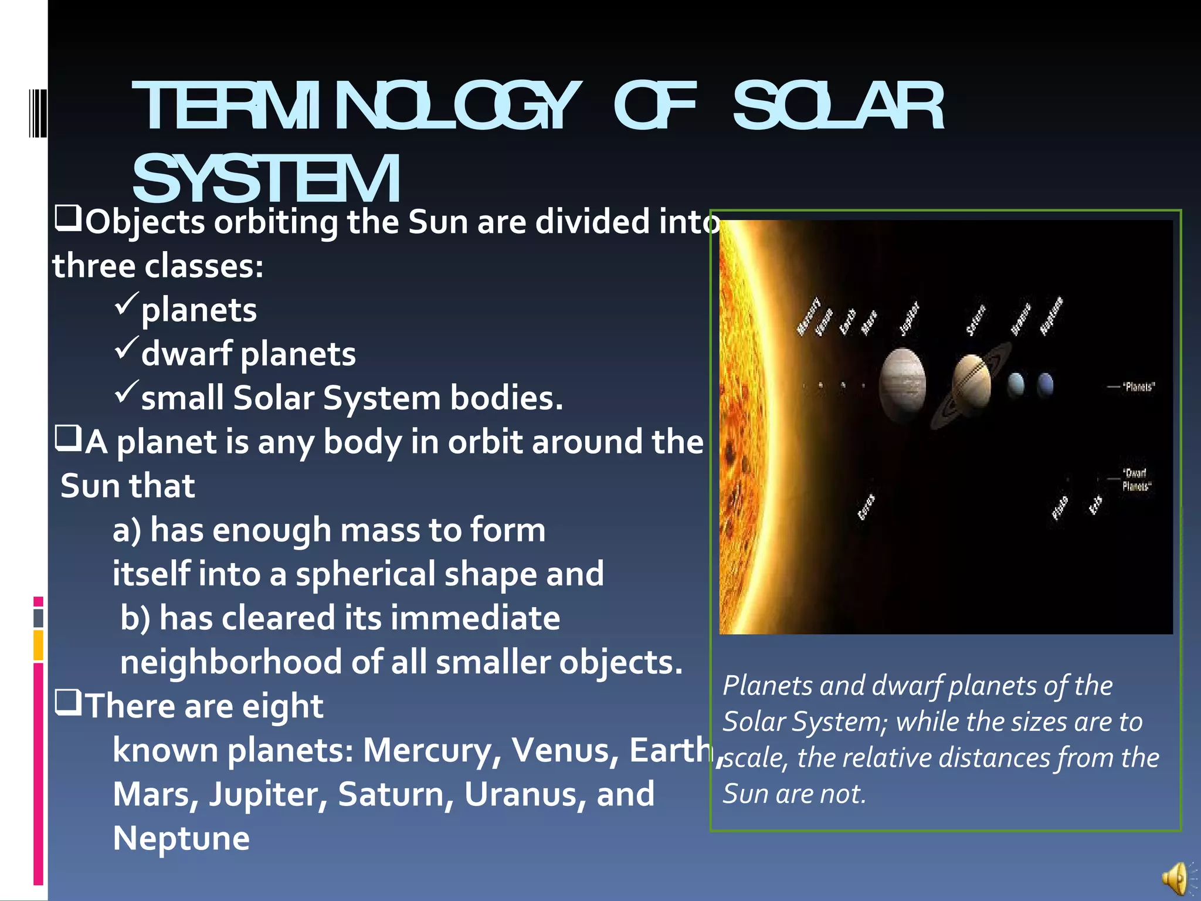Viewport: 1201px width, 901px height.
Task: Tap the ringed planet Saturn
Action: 972,384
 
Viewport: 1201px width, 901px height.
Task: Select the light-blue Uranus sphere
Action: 1016,385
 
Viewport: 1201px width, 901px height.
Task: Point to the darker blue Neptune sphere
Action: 1045,385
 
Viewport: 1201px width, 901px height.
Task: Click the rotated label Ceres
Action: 866,507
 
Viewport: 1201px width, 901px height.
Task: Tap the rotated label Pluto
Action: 1060,508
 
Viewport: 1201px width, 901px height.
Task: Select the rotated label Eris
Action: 1095,505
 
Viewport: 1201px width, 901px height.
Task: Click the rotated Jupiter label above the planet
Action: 909,319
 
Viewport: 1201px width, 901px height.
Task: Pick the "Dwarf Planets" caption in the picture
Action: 1136,480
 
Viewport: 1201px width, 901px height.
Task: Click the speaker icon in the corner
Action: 1175,878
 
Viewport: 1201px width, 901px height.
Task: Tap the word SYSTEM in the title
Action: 267,178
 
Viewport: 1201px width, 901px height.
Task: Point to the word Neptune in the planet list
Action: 181,838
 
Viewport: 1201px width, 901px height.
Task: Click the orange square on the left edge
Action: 39,645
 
